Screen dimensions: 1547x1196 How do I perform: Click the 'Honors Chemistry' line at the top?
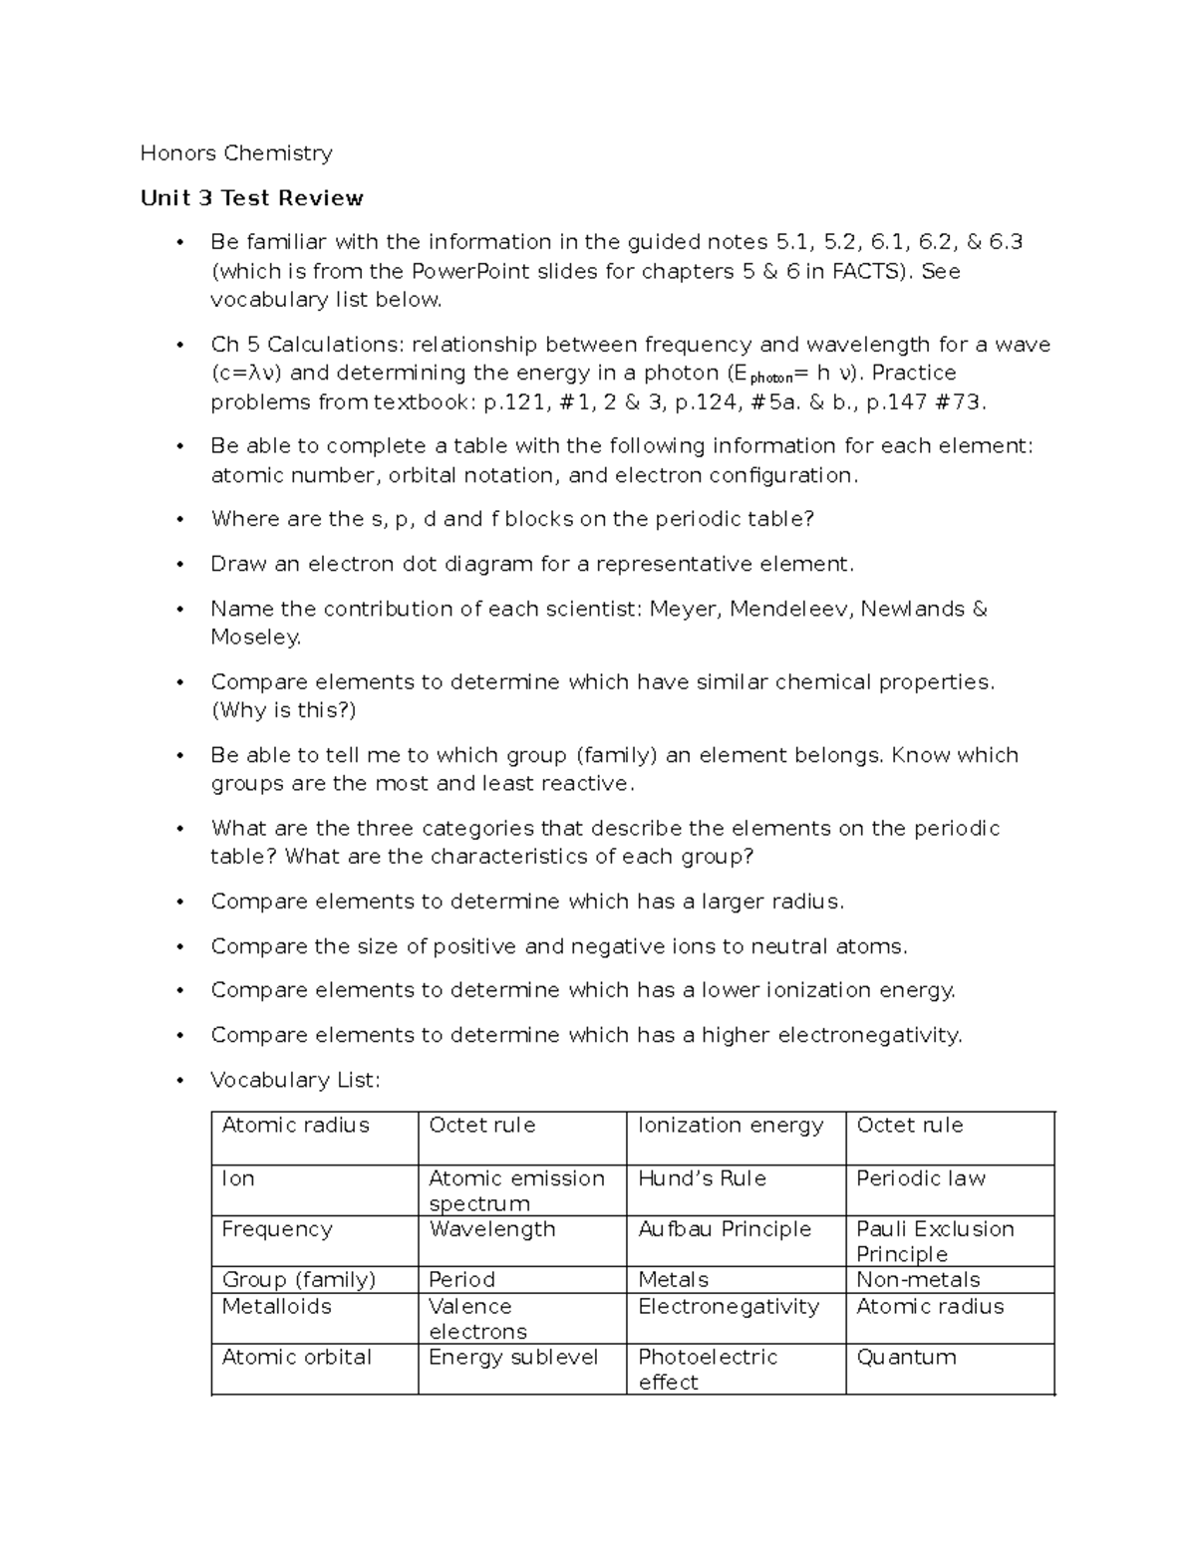236,153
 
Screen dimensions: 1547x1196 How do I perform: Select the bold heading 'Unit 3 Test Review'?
251,198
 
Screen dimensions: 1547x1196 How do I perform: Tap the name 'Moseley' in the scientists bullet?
253,638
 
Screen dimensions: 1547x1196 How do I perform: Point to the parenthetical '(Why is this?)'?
283,710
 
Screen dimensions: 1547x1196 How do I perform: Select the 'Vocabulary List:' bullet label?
295,1080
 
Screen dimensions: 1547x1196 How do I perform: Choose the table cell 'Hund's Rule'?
702,1178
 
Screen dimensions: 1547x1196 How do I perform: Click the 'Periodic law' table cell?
920,1178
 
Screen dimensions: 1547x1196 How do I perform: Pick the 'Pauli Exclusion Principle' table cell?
934,1241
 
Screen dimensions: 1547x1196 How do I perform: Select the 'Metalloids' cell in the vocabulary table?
276,1306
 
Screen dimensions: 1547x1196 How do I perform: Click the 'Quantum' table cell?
906,1357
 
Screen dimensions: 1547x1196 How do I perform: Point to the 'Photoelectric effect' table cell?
707,1369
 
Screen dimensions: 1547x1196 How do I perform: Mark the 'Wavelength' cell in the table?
491,1229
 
